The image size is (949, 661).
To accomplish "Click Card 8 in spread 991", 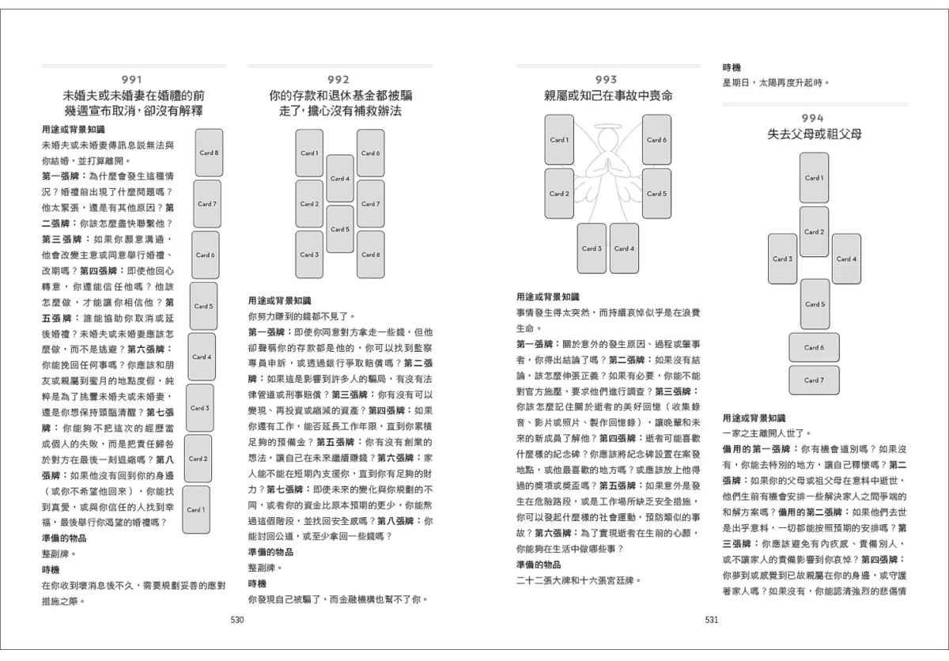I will click(x=210, y=153).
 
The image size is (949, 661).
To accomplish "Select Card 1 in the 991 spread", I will click(x=195, y=509).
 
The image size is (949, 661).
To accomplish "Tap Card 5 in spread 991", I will click(x=203, y=306).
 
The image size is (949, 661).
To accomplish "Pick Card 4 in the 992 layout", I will click(x=340, y=179).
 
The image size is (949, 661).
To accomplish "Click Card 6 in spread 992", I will click(x=370, y=153).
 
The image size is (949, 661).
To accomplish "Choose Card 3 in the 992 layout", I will click(x=309, y=255).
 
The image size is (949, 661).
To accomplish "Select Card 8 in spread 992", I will click(x=370, y=255).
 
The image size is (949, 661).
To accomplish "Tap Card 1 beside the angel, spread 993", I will click(x=559, y=140).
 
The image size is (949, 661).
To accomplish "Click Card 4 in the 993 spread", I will click(x=624, y=248).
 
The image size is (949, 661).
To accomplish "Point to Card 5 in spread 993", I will click(x=656, y=194).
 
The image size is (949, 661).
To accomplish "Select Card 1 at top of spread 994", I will click(x=814, y=178).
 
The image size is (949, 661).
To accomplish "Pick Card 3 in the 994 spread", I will click(x=782, y=259).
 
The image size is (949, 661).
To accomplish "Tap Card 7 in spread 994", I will click(x=814, y=380).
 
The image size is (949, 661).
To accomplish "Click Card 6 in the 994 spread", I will click(x=814, y=347).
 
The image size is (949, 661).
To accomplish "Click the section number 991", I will click(x=132, y=79).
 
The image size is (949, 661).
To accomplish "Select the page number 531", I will click(x=711, y=620).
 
